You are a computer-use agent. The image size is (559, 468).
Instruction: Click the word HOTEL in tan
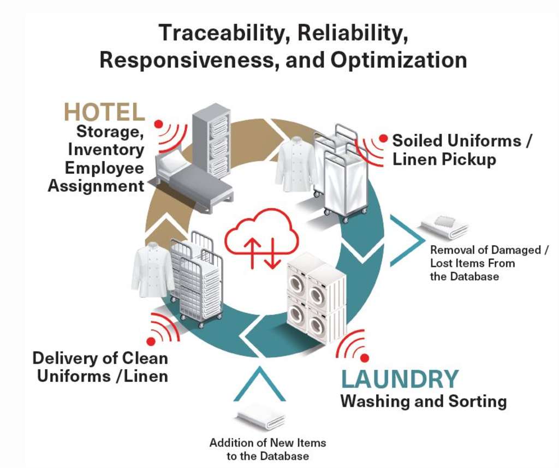tap(104, 112)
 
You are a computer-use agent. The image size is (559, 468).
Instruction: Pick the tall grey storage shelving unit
tap(212, 139)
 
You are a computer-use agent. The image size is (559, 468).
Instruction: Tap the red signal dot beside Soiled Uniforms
tap(383, 139)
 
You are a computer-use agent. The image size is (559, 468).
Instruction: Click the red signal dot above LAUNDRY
tap(365, 358)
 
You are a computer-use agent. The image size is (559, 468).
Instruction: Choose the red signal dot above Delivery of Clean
tap(151, 341)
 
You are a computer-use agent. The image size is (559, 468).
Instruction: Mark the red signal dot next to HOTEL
tap(159, 125)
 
